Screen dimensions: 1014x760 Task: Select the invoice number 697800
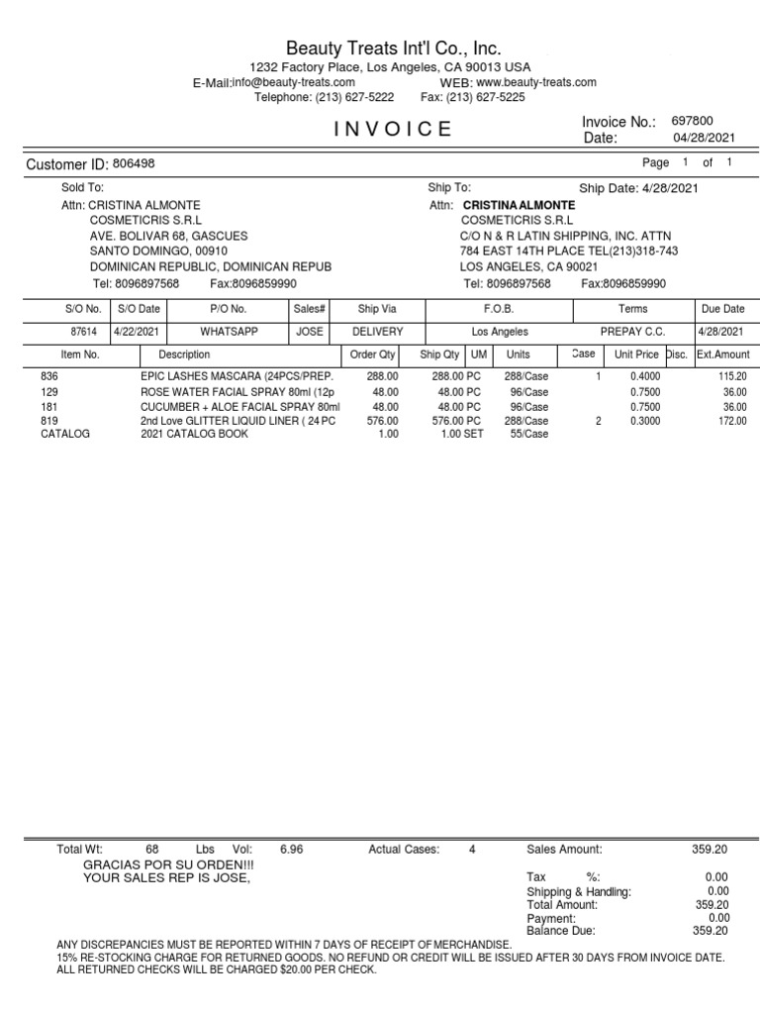[x=692, y=120]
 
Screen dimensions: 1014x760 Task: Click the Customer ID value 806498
[x=134, y=163]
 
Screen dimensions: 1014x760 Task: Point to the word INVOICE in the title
[x=393, y=129]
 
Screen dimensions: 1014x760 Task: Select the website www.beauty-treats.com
[x=536, y=82]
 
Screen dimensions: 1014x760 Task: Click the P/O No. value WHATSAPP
[x=229, y=332]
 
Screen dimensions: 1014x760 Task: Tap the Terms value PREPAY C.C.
[x=632, y=332]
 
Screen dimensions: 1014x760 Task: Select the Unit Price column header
[x=636, y=354]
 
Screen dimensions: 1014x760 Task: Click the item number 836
[x=49, y=377]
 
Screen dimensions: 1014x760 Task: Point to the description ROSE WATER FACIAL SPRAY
[x=237, y=392]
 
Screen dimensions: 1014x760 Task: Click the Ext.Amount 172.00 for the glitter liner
[x=732, y=421]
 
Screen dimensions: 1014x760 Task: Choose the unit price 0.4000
[x=643, y=377]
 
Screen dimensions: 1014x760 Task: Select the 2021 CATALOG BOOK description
[x=194, y=434]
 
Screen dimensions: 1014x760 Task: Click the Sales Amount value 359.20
[x=710, y=849]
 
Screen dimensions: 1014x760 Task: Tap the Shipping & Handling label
[x=578, y=891]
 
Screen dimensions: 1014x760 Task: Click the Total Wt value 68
[x=151, y=849]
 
